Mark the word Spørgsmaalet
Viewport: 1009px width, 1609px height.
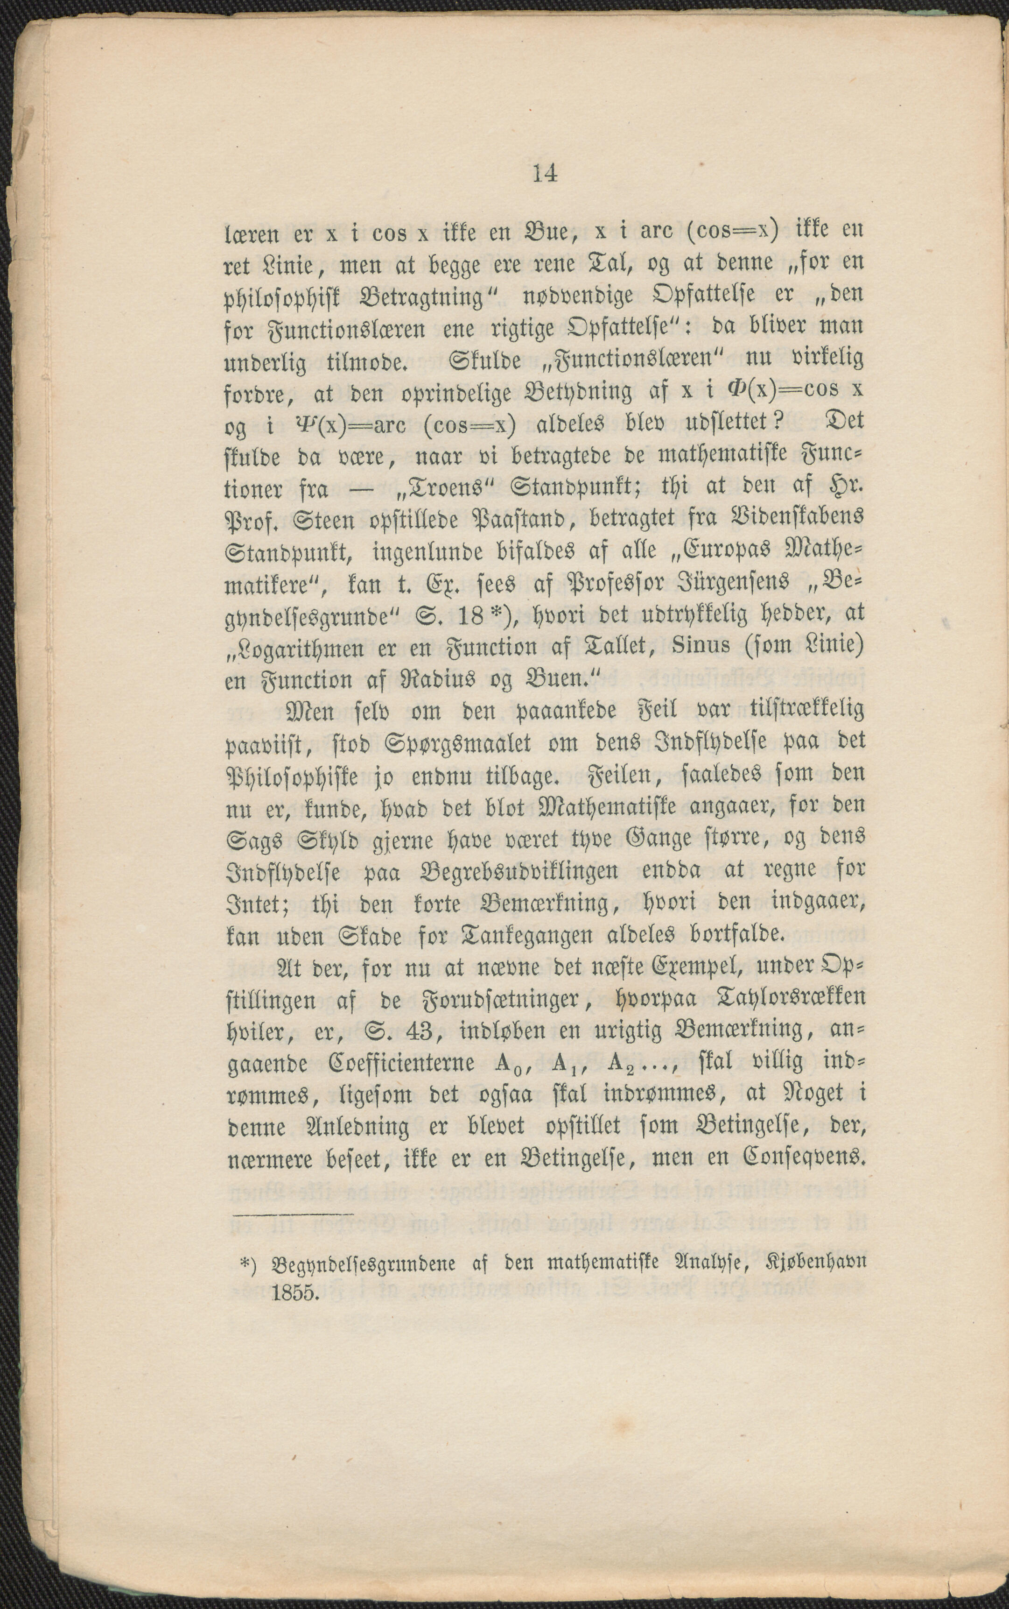coord(438,742)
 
